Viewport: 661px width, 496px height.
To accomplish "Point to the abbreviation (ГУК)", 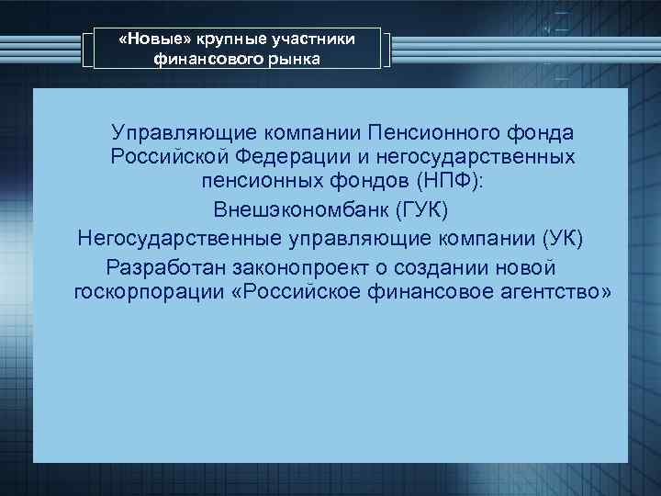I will click(x=421, y=209).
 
